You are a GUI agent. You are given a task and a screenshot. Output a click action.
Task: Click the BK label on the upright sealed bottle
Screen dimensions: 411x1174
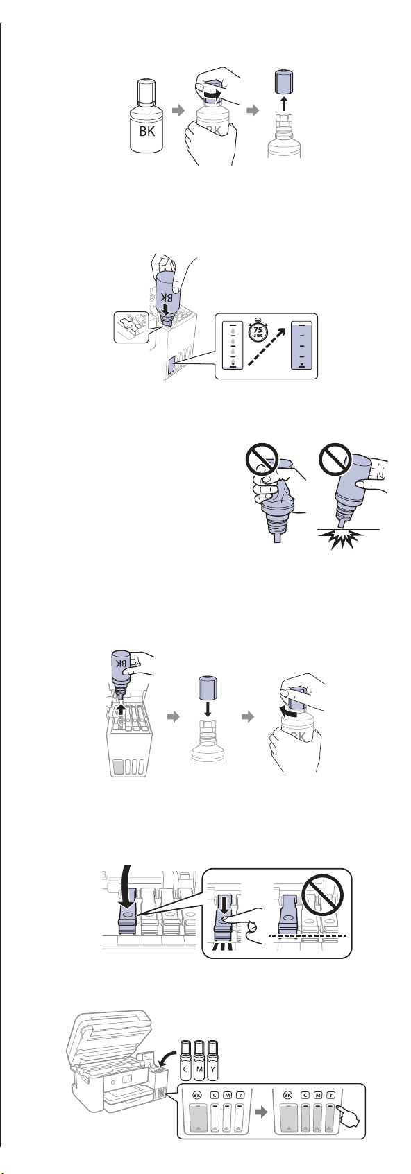click(x=147, y=130)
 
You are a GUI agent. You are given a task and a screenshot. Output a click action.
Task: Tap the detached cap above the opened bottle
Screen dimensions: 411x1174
click(x=283, y=82)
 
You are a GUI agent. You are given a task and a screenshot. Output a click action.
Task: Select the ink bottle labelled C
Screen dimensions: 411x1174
click(x=185, y=1059)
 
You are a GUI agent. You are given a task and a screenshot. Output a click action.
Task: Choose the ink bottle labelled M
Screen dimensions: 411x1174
click(x=199, y=1059)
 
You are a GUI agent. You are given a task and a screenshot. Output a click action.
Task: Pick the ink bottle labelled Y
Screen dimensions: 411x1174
click(x=212, y=1059)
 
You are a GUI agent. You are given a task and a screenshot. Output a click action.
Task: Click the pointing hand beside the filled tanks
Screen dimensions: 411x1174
click(x=348, y=1118)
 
